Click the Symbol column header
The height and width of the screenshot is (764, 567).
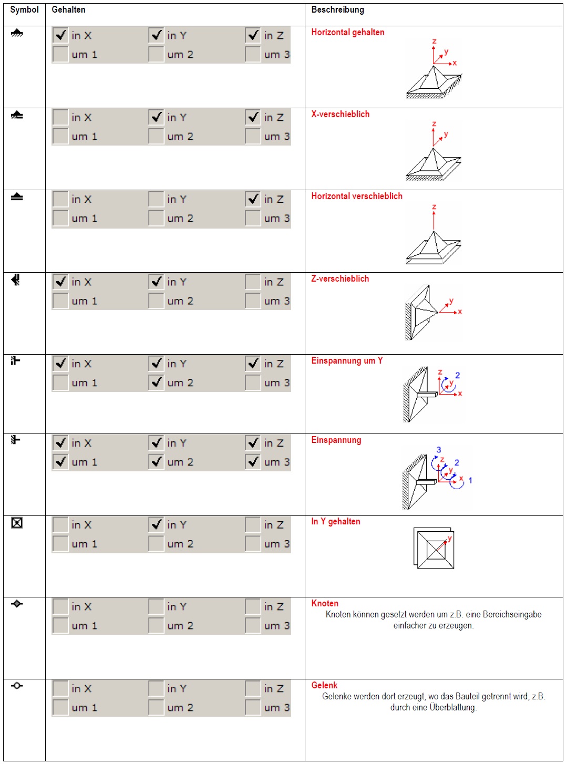coord(24,9)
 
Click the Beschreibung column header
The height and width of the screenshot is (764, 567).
coord(337,9)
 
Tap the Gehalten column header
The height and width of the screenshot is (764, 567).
coord(68,9)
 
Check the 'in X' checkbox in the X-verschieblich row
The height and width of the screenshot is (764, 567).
coord(60,117)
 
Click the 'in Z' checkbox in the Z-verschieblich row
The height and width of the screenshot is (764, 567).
coord(253,282)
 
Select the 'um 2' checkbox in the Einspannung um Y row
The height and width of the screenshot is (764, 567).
coord(156,383)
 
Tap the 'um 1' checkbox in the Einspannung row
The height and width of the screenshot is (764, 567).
coord(60,462)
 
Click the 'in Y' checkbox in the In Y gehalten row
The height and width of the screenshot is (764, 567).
coord(156,524)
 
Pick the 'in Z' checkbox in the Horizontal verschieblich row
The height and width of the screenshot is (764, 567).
coord(253,199)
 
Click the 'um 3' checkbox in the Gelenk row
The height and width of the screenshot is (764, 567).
coord(253,707)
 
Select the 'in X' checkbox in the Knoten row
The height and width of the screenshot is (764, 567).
coord(60,606)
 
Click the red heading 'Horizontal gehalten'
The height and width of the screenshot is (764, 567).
coord(347,32)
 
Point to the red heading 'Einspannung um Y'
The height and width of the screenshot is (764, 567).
coord(347,360)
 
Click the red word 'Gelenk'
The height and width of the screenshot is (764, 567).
coord(324,685)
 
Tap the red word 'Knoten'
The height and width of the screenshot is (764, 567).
coord(325,603)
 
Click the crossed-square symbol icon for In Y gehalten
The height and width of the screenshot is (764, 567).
coord(17,522)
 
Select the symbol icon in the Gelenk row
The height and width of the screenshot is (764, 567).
coord(17,686)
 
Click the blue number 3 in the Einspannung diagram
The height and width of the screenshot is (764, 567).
coord(439,450)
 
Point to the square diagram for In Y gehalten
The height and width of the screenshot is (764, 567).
coord(434,548)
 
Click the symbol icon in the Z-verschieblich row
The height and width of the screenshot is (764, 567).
coord(16,280)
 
